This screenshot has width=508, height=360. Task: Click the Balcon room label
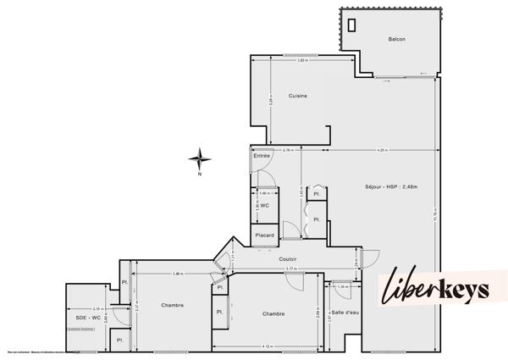coord(396,40)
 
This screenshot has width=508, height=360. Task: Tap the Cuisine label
coord(297,96)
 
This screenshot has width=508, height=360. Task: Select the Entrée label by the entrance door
coord(262,156)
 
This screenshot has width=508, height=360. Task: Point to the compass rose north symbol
coord(199,157)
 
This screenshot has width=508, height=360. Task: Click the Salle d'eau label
coord(345,313)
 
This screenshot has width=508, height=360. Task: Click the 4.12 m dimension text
coord(267,346)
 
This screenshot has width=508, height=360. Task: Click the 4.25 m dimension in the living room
coord(359,150)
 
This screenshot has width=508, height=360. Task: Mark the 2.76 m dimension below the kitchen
coord(287,150)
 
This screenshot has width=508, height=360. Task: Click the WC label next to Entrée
coord(265,205)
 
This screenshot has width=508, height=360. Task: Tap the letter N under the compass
coord(199,174)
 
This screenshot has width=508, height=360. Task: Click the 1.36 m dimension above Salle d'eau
coord(341,286)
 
